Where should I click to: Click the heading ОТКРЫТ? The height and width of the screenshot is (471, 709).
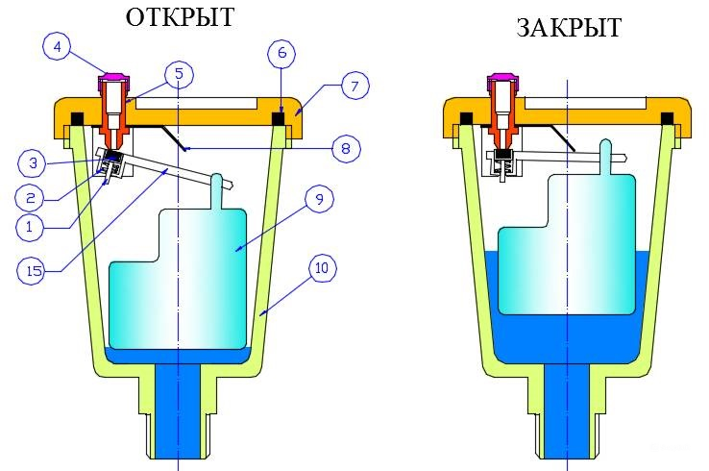179,17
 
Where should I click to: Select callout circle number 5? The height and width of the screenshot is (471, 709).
179,72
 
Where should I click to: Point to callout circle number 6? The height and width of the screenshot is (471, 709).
281,54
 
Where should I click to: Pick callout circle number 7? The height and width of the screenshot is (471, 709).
354,87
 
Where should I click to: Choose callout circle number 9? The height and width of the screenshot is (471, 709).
318,199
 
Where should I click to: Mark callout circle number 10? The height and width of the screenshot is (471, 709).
322,268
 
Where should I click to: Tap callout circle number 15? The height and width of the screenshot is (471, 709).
34,270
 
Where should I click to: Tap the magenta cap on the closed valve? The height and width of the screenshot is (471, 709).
500,76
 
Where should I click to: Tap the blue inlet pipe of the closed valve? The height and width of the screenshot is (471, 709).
568,413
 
